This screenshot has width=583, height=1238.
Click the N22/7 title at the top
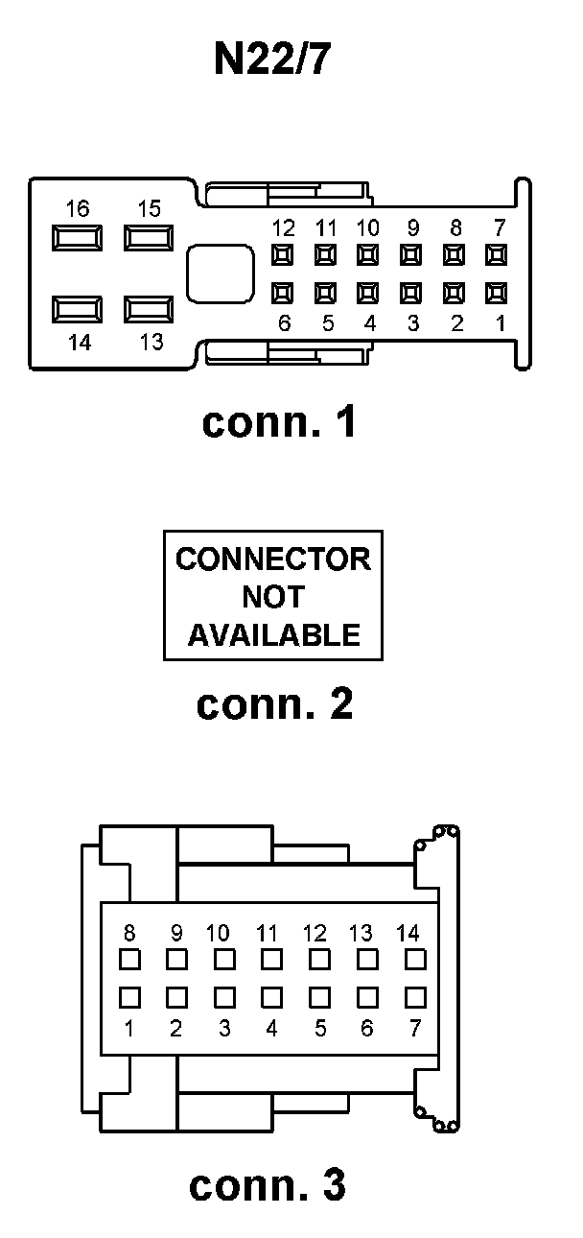pyautogui.click(x=272, y=60)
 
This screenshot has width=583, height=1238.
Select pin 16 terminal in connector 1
pyautogui.click(x=78, y=237)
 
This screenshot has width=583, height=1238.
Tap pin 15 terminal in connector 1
pyautogui.click(x=148, y=237)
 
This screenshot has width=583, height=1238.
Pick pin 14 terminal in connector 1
pyautogui.click(x=78, y=309)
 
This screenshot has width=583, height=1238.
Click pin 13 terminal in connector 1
pyautogui.click(x=148, y=309)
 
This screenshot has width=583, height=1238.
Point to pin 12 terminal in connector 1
pyautogui.click(x=283, y=255)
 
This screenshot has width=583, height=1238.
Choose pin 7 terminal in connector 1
pyautogui.click(x=497, y=255)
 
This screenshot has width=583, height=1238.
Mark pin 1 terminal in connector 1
pyautogui.click(x=497, y=292)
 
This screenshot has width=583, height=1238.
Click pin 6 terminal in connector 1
pyautogui.click(x=283, y=292)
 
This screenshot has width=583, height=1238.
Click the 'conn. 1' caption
pyautogui.click(x=279, y=422)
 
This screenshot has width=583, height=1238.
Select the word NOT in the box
pyautogui.click(x=272, y=597)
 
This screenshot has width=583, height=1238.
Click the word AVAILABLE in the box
pyautogui.click(x=273, y=634)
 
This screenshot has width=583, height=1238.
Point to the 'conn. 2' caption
pyautogui.click(x=275, y=703)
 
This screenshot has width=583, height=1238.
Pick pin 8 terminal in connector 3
pyautogui.click(x=129, y=959)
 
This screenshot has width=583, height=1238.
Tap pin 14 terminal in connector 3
pyautogui.click(x=414, y=959)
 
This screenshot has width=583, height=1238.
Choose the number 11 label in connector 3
pyautogui.click(x=268, y=933)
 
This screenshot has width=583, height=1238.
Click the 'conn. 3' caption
pyautogui.click(x=268, y=1185)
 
